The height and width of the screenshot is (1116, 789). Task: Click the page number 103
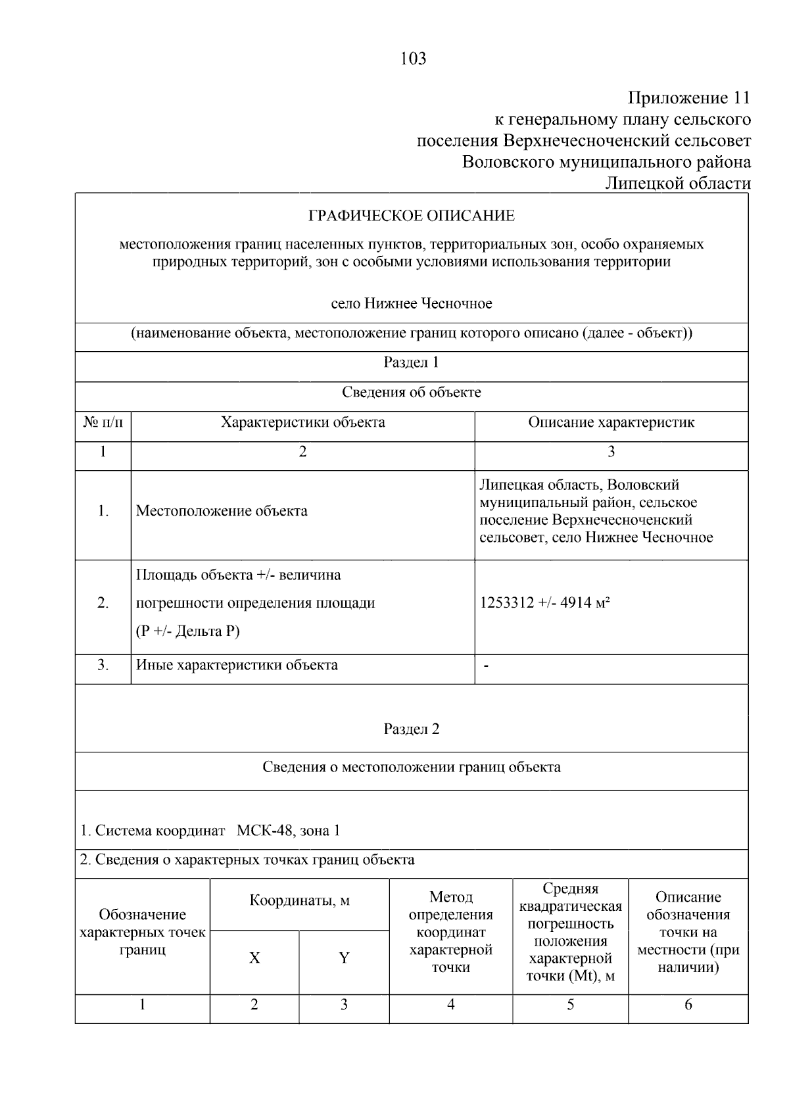pyautogui.click(x=413, y=59)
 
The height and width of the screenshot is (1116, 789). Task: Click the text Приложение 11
pyautogui.click(x=688, y=99)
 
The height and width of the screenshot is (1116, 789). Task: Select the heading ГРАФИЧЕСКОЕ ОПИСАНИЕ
pyautogui.click(x=412, y=216)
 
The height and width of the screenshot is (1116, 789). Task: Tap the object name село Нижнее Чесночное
pyautogui.click(x=412, y=304)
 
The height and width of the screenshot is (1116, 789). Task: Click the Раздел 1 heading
pyautogui.click(x=412, y=362)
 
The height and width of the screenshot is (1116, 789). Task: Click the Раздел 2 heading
pyautogui.click(x=412, y=729)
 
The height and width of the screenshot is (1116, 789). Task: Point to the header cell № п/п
pyautogui.click(x=103, y=422)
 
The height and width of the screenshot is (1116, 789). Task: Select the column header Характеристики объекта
pyautogui.click(x=302, y=422)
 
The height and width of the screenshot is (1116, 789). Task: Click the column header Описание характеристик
pyautogui.click(x=611, y=422)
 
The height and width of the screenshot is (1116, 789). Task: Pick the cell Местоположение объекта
pyautogui.click(x=222, y=511)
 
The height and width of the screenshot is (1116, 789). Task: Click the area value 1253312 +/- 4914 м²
pyautogui.click(x=545, y=602)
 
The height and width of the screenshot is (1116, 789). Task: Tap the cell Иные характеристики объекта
pyautogui.click(x=237, y=665)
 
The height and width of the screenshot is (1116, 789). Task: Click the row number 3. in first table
pyautogui.click(x=103, y=665)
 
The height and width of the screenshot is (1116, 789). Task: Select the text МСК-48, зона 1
pyautogui.click(x=288, y=831)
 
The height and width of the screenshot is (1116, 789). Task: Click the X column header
pyautogui.click(x=254, y=958)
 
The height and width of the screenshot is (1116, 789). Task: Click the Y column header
pyautogui.click(x=344, y=958)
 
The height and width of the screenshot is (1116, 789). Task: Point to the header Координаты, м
pyautogui.click(x=299, y=901)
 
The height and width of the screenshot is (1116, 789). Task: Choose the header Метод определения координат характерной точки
pyautogui.click(x=450, y=932)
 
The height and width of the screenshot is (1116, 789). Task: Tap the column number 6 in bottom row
pyautogui.click(x=688, y=1004)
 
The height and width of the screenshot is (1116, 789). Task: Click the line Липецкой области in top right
pyautogui.click(x=677, y=183)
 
